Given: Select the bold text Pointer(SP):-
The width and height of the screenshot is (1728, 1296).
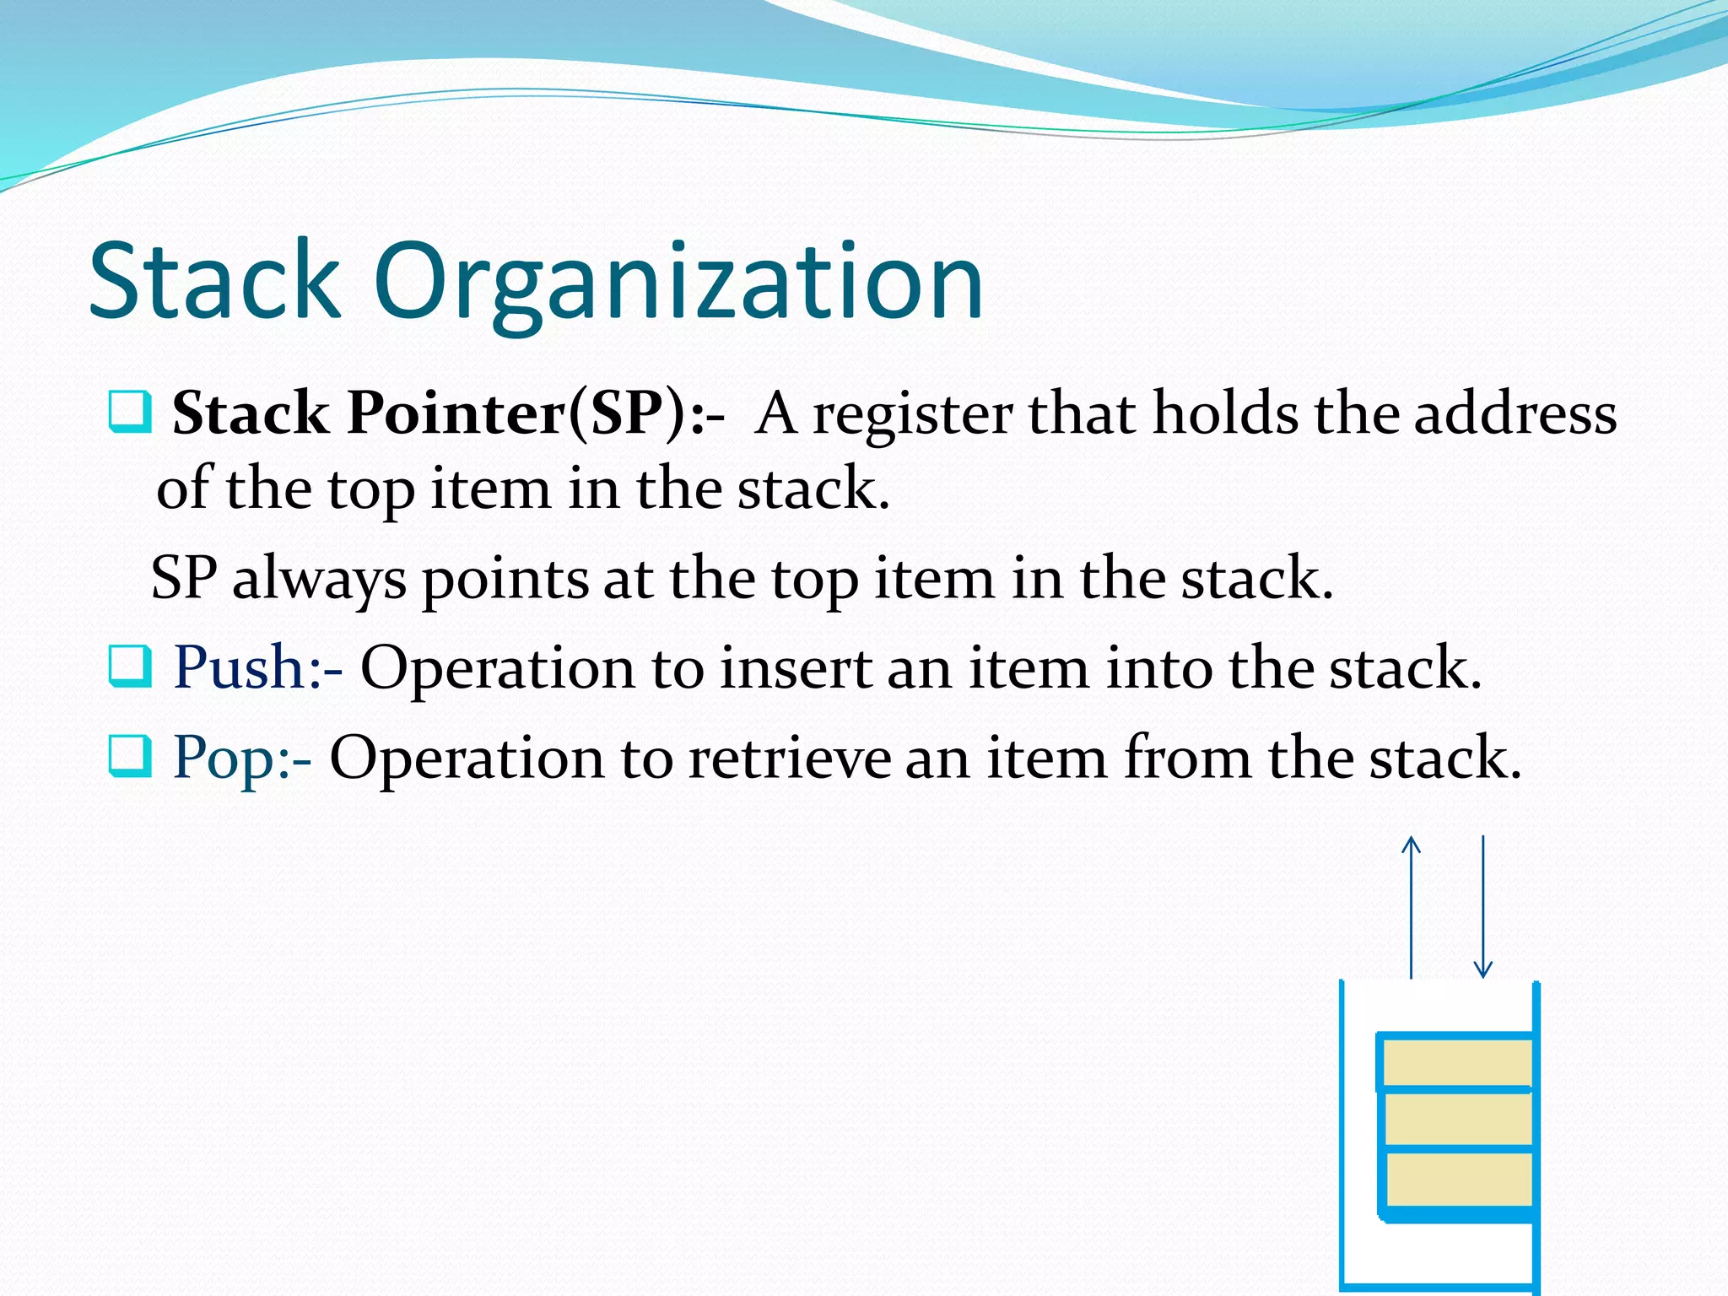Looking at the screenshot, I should pos(535,413).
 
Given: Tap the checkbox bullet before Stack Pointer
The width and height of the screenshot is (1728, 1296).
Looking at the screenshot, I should pos(130,412).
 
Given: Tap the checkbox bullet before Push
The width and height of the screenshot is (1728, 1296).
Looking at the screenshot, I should pos(130,667).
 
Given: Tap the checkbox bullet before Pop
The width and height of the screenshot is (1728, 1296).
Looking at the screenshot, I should pos(130,756).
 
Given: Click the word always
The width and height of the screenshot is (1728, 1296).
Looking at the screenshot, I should pos(319,580).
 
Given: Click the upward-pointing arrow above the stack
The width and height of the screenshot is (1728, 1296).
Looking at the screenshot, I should pos(1411,906).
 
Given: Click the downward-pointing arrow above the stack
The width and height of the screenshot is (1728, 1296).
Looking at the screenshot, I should pos(1482,906).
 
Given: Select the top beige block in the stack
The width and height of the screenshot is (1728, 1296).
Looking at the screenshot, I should pos(1458,1063).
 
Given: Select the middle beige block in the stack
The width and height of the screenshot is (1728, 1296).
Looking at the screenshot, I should pos(1458,1120).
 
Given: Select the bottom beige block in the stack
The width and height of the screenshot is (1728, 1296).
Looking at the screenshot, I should pos(1458,1180).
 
